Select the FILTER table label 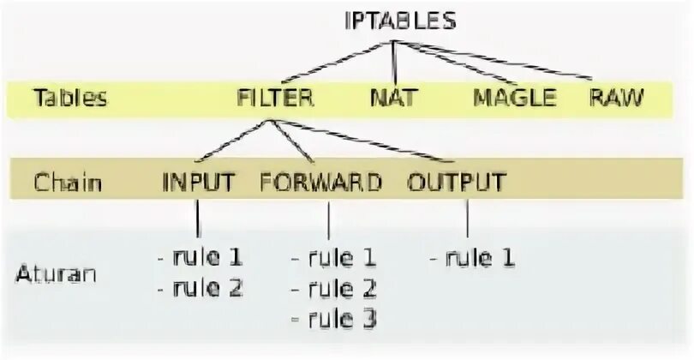click(x=274, y=98)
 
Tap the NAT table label click(x=393, y=98)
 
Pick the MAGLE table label click(x=514, y=98)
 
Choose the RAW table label click(x=616, y=98)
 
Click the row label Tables click(x=70, y=98)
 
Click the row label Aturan click(x=56, y=274)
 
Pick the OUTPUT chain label click(x=457, y=182)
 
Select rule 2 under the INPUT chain click(x=201, y=287)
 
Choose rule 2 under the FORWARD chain click(x=334, y=287)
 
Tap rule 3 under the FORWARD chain click(x=334, y=319)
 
